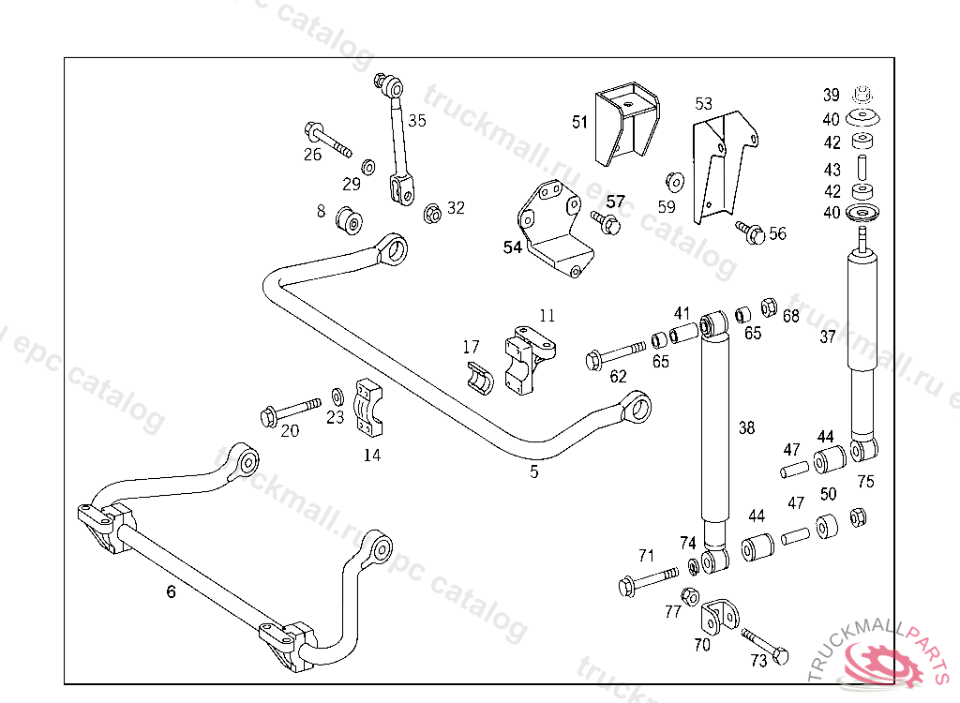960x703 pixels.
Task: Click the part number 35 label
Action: click(x=417, y=120)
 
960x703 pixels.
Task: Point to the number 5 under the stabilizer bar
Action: click(x=534, y=471)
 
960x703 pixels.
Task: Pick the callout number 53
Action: click(x=704, y=103)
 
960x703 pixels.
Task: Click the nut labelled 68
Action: click(x=767, y=307)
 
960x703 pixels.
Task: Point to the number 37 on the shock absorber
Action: click(x=827, y=337)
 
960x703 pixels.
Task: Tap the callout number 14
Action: click(x=372, y=456)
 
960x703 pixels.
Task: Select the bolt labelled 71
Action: click(x=647, y=579)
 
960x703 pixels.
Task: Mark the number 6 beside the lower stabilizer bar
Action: click(x=171, y=591)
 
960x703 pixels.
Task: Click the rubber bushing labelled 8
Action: click(x=352, y=219)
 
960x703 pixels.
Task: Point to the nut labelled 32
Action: click(x=432, y=214)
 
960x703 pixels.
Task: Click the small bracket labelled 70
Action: click(x=720, y=616)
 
